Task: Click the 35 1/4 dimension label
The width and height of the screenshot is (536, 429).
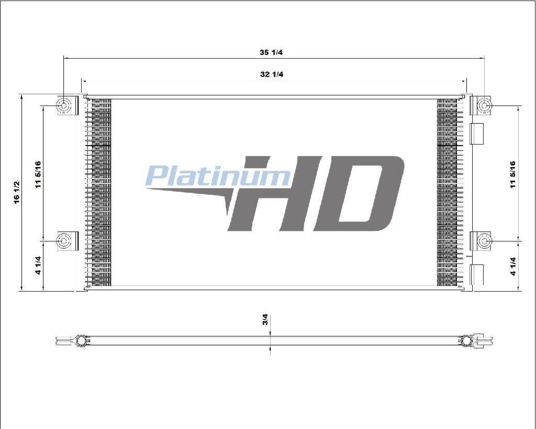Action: coord(271,52)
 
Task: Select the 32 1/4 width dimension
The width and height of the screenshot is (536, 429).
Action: coord(272,74)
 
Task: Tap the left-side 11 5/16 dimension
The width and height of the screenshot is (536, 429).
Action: coord(38,174)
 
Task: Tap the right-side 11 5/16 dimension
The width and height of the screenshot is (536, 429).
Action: coord(513,174)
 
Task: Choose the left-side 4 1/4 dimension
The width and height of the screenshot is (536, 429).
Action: coord(38,265)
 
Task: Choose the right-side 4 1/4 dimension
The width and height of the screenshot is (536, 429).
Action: coord(513,266)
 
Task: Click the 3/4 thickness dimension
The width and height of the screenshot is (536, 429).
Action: coord(265,320)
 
